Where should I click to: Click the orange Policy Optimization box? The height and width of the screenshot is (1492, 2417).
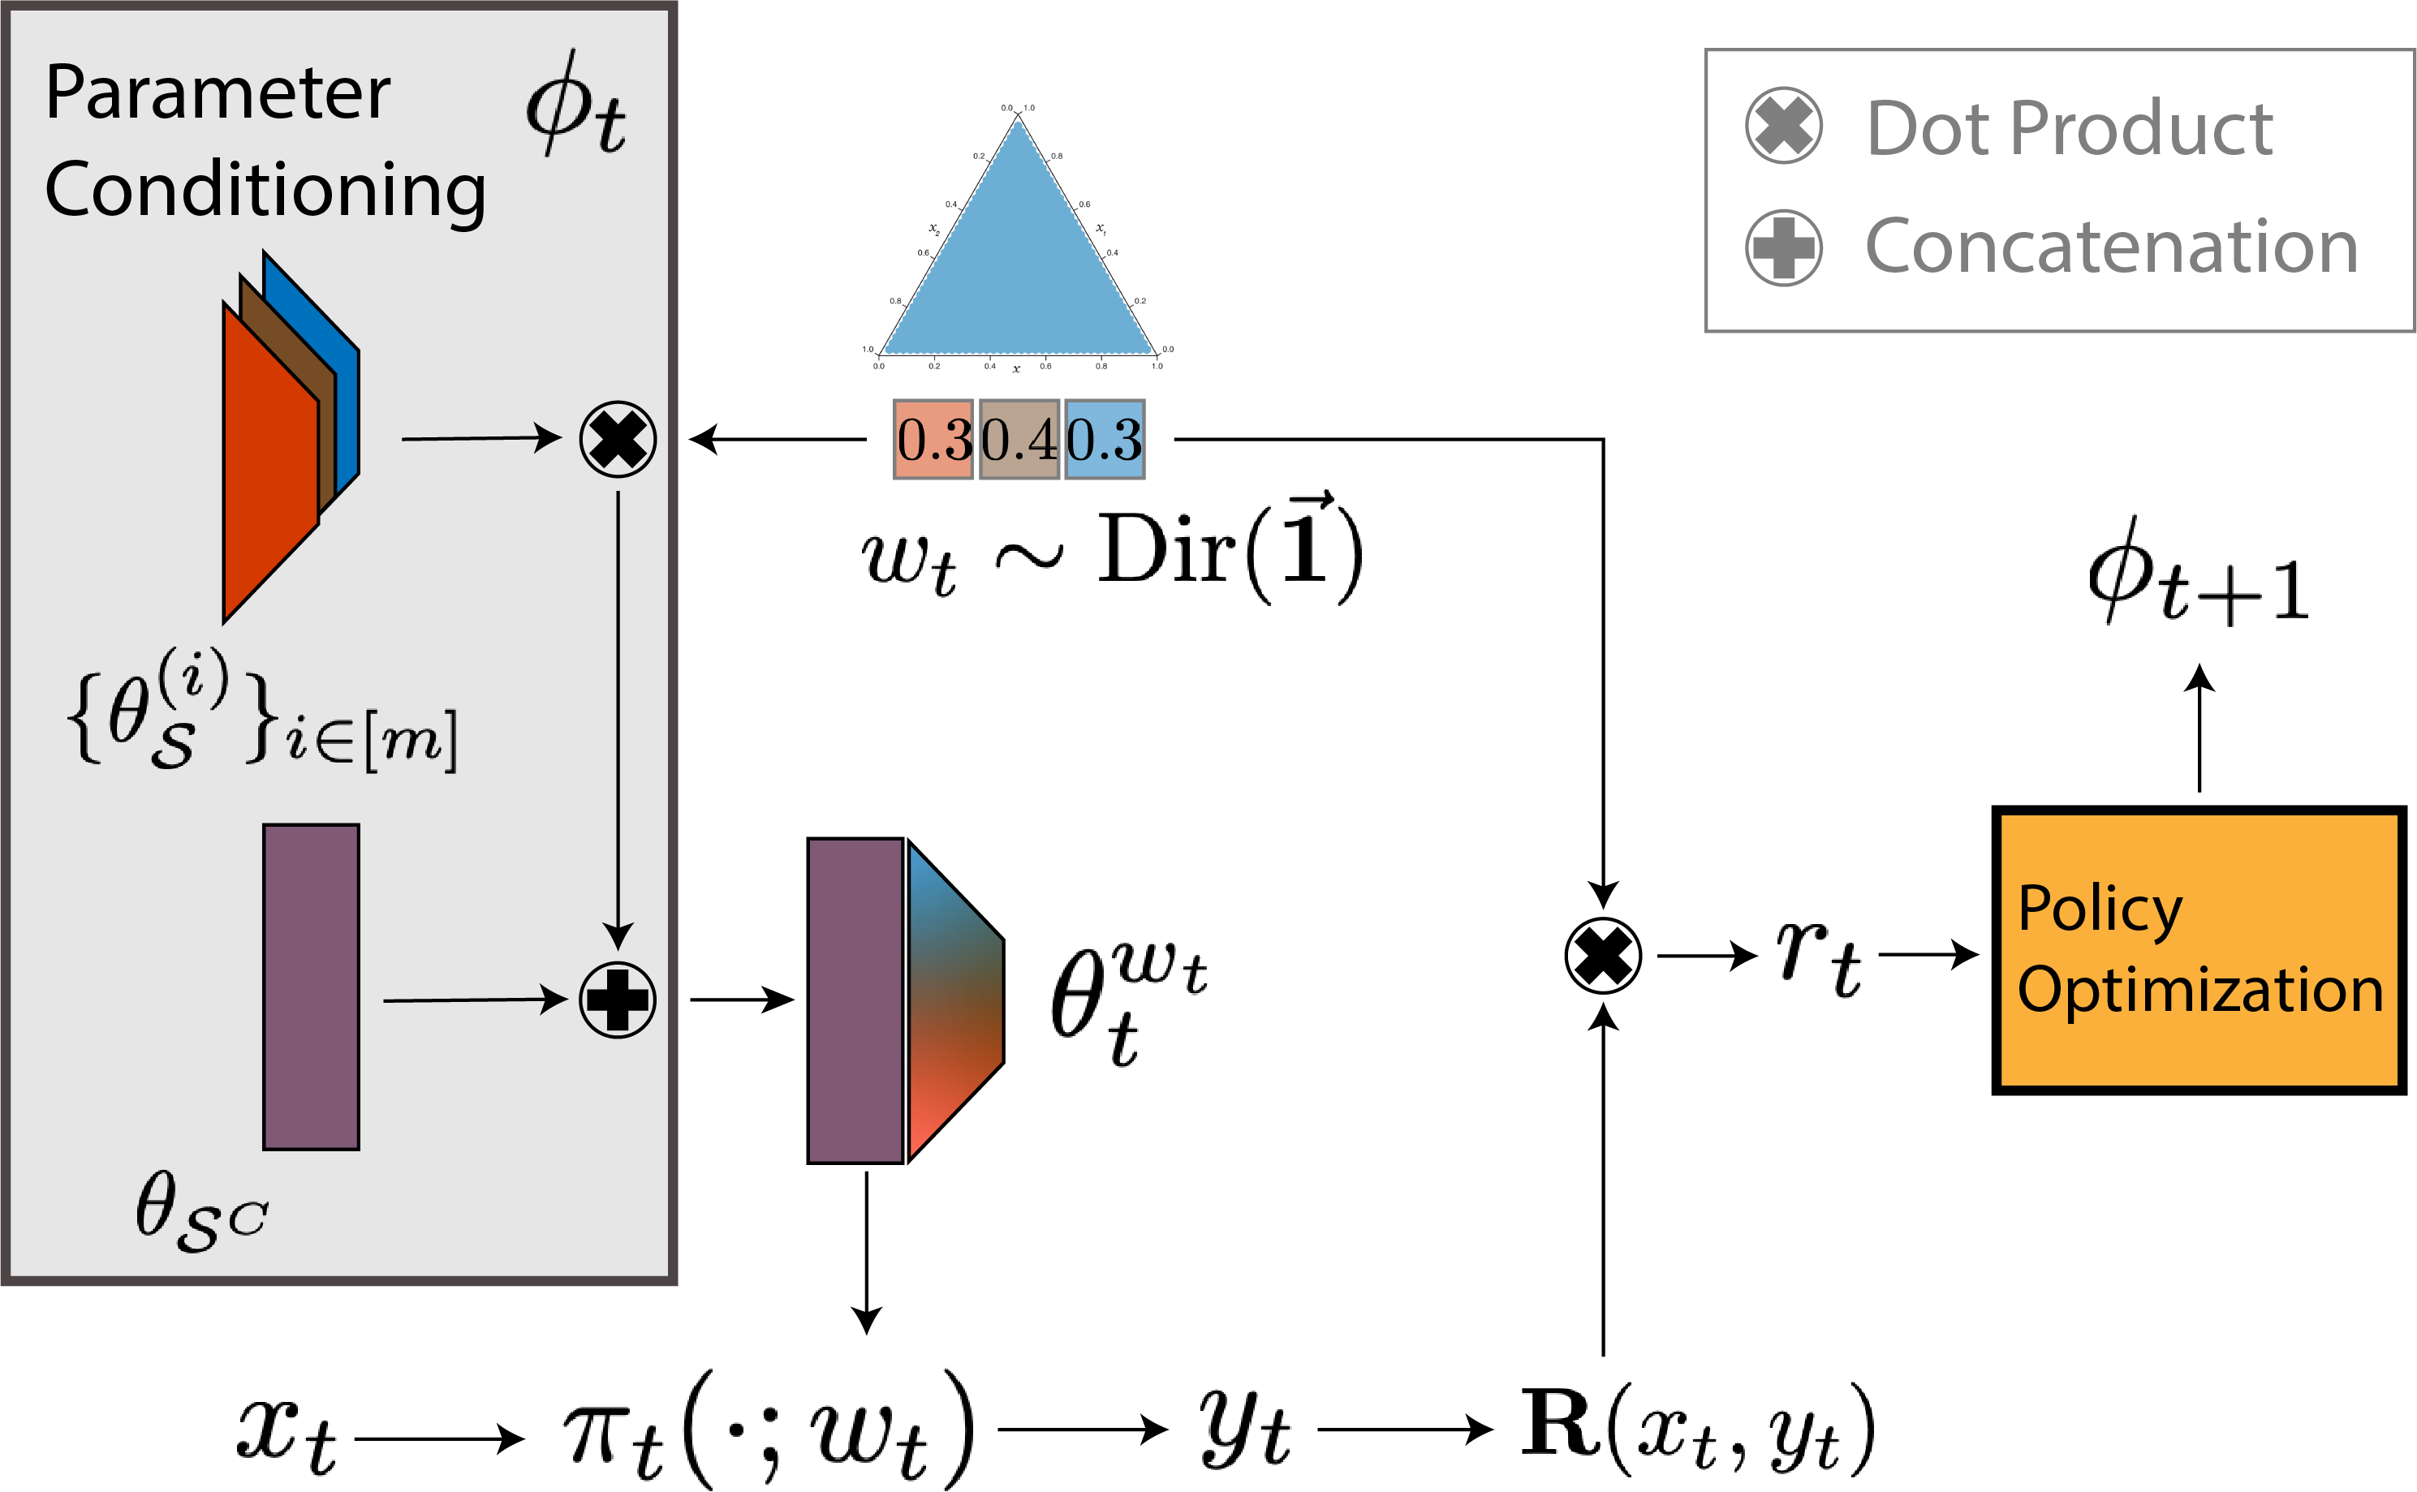[2199, 950]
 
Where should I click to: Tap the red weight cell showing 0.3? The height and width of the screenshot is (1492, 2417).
[932, 439]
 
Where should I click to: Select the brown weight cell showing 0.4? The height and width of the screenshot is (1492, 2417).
[1019, 439]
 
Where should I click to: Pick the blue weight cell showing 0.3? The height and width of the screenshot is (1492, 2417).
[1105, 439]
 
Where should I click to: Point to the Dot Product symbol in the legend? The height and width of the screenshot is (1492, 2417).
[1783, 125]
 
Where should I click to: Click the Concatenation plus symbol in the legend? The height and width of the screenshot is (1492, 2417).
[1783, 247]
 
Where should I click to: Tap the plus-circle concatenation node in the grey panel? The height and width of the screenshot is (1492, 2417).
[617, 1000]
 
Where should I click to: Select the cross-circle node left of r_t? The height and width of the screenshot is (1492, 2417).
[1603, 955]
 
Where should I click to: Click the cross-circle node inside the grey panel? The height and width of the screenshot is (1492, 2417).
[617, 439]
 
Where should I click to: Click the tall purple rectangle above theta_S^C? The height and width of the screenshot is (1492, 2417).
[311, 987]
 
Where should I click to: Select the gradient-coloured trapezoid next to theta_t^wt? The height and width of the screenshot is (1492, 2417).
[952, 1000]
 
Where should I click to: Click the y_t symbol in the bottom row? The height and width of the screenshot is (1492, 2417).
[1244, 1428]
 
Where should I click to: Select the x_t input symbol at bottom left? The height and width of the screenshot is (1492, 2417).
[287, 1433]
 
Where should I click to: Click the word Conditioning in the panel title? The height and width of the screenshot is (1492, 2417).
[265, 190]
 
